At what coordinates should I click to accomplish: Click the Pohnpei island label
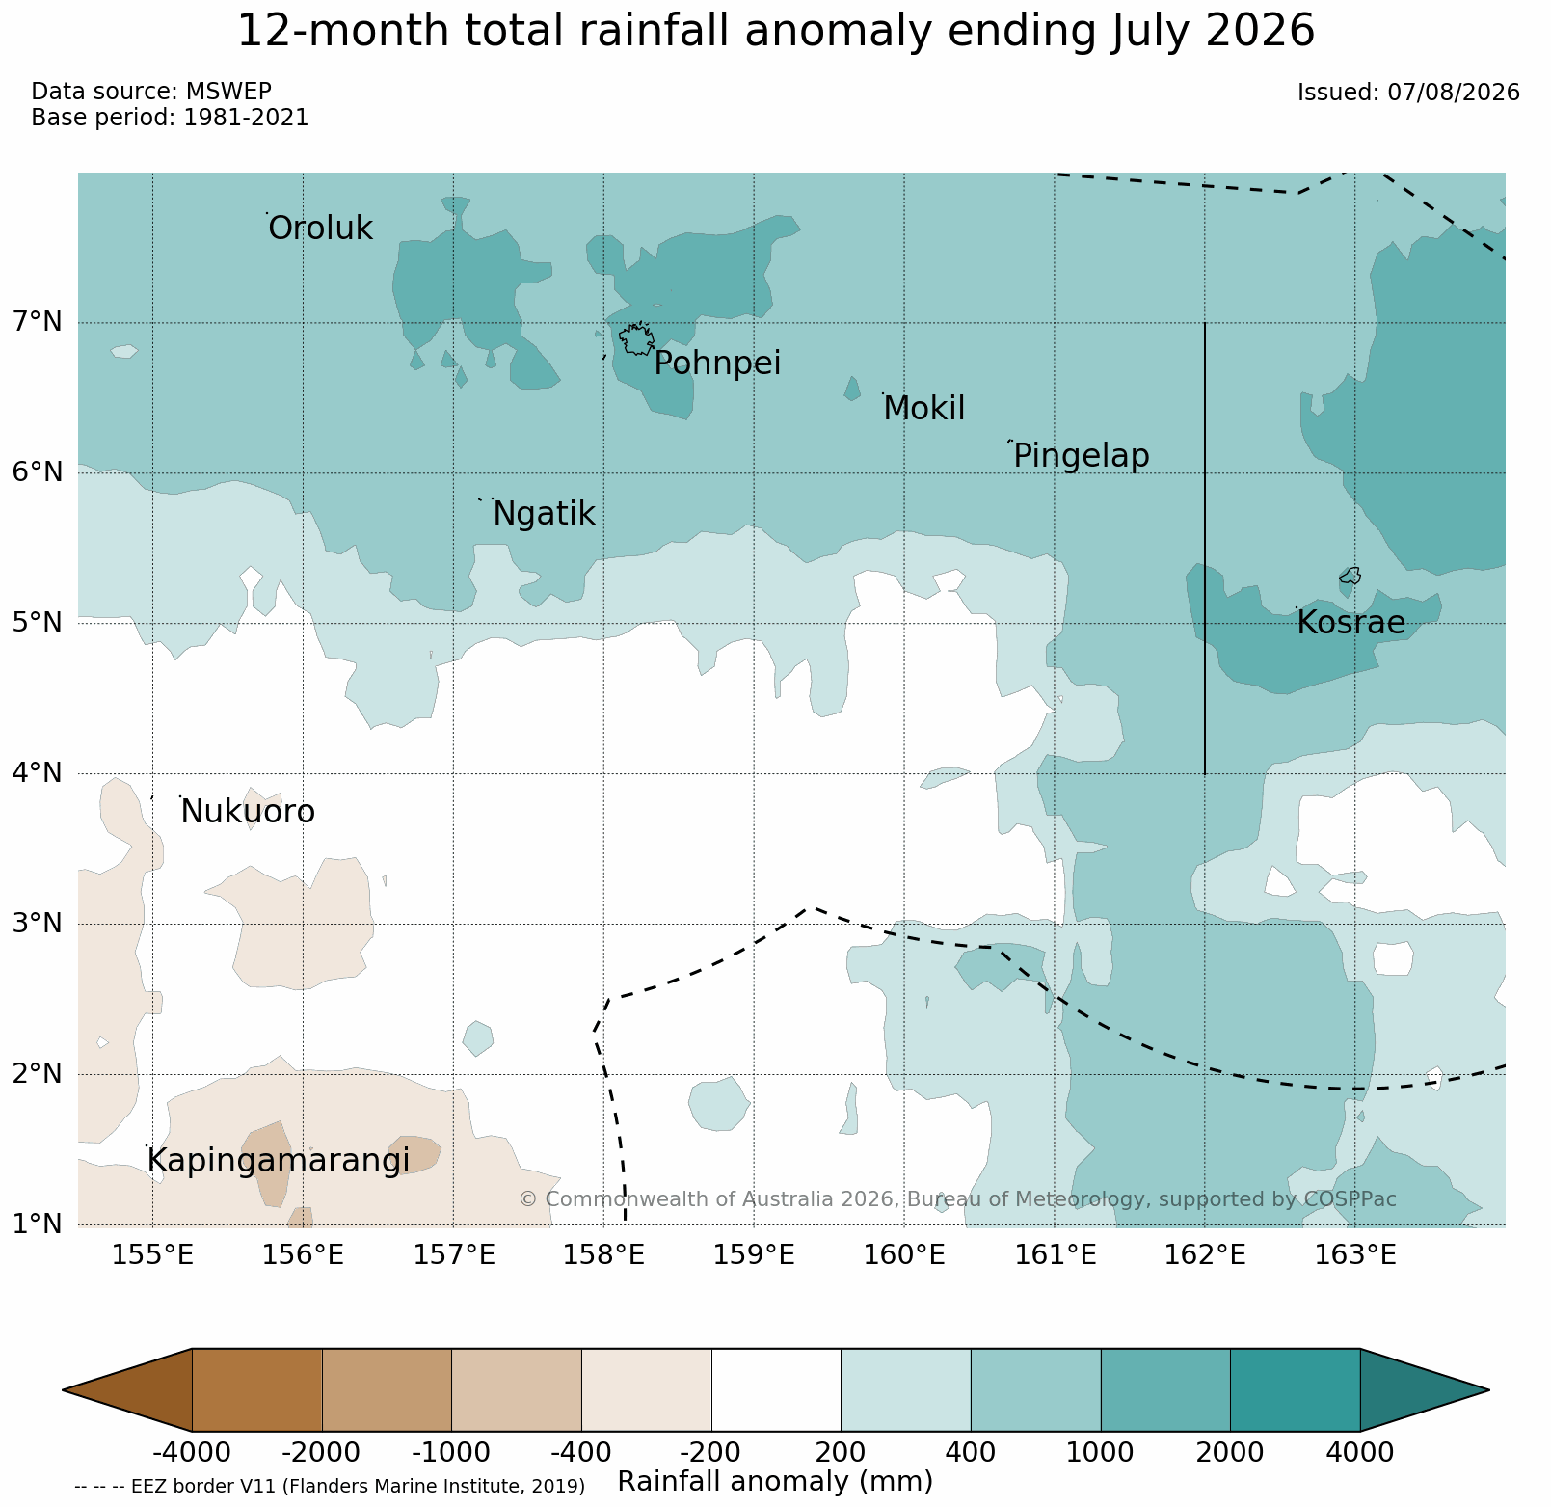tap(717, 364)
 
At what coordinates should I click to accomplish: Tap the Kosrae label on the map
tap(1350, 623)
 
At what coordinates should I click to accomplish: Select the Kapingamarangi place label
tap(279, 1161)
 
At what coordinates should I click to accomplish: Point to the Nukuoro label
tap(248, 812)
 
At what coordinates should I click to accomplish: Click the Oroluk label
tap(320, 229)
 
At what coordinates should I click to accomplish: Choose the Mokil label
tap(923, 409)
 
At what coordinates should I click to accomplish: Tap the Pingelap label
tap(1082, 456)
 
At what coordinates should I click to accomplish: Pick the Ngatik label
tap(544, 515)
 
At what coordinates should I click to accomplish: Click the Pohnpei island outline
tap(636, 339)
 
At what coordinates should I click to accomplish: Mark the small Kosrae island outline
tap(1350, 576)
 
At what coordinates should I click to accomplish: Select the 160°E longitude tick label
tap(904, 1255)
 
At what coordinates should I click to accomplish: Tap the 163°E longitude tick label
tap(1354, 1255)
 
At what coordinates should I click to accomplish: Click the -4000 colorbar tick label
tap(192, 1452)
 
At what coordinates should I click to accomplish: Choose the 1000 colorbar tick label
tap(1100, 1452)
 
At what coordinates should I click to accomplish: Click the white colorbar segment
tap(776, 1389)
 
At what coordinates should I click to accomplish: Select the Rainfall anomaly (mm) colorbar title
tap(775, 1481)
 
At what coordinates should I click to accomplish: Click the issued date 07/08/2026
tap(1454, 93)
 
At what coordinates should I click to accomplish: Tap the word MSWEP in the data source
tap(228, 92)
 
